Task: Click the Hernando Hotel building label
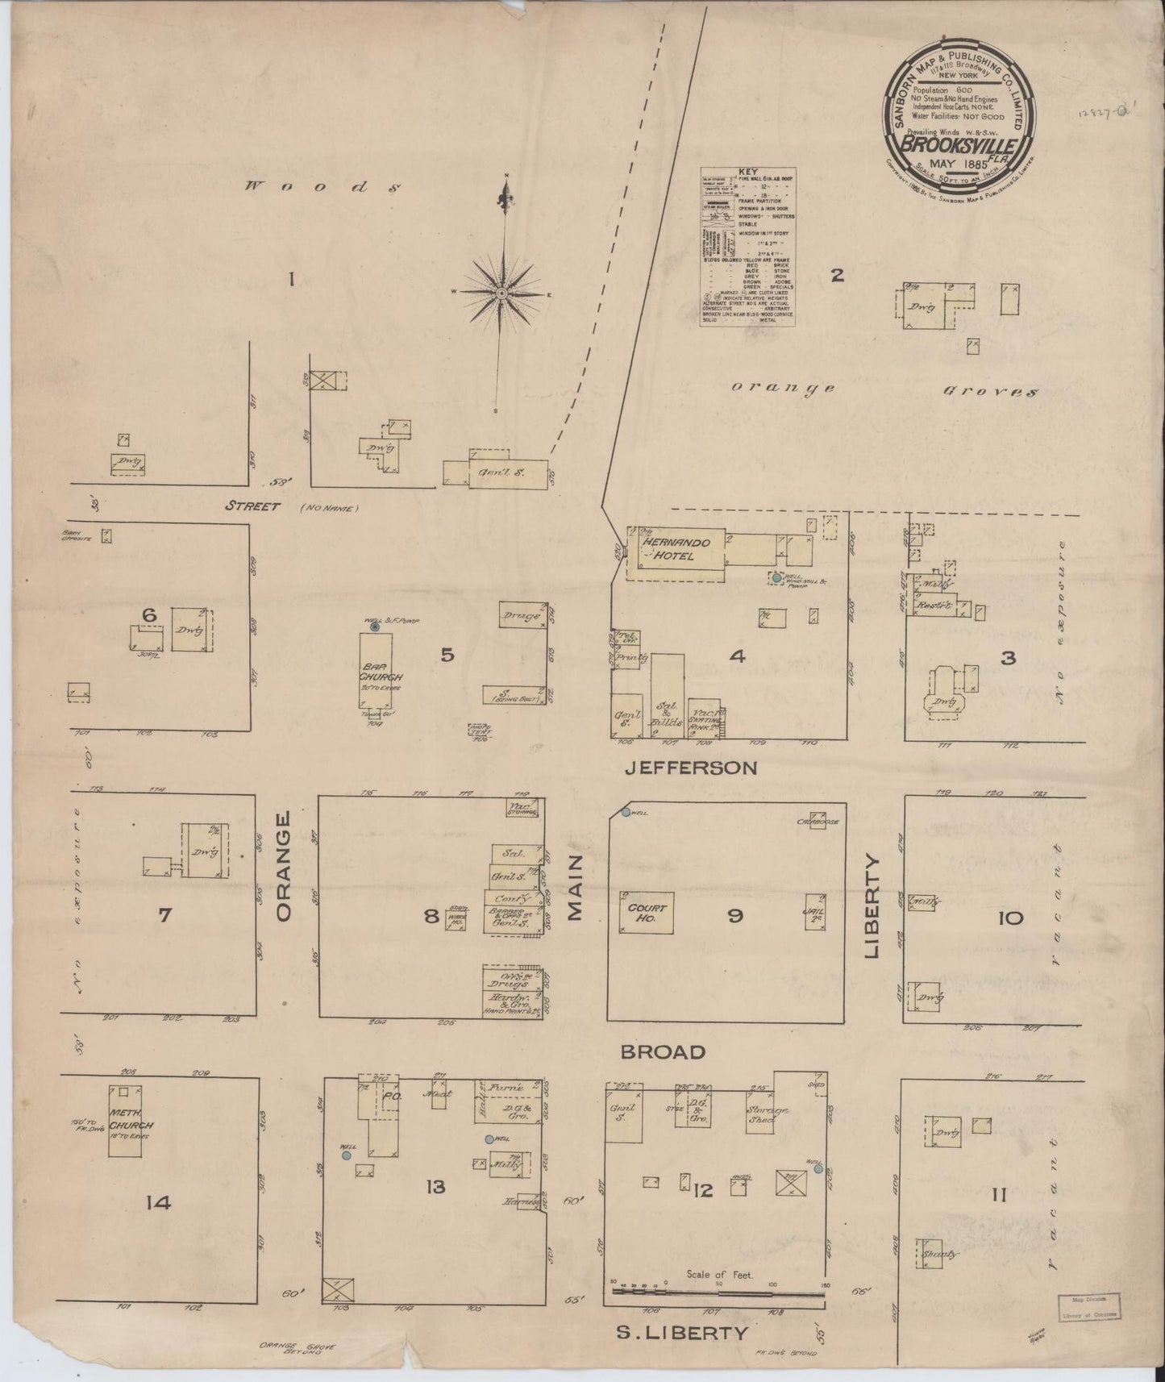(x=669, y=550)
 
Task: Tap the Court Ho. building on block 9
(x=647, y=912)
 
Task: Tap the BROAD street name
(x=664, y=1052)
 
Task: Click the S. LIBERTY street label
(x=682, y=1333)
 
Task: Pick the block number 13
(x=435, y=1187)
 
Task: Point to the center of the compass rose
(x=501, y=293)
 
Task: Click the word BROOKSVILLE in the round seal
(x=957, y=147)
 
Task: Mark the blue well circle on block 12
(x=818, y=1168)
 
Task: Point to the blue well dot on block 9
(x=625, y=812)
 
